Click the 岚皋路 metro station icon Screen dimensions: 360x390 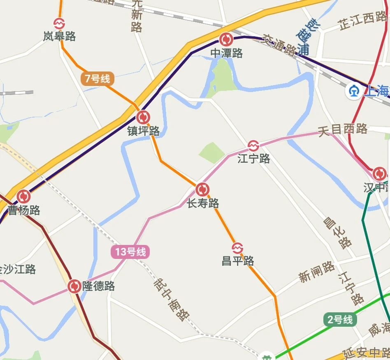[x=59, y=23]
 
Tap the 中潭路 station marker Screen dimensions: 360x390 [x=226, y=39]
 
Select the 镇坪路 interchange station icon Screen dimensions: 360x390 [x=143, y=118]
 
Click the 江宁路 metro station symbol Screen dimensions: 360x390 [x=253, y=145]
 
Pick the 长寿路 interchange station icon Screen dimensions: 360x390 [x=202, y=189]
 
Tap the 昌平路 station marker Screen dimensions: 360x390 [x=237, y=248]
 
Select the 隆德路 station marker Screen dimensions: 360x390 [x=74, y=286]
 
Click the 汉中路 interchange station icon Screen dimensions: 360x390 [x=379, y=173]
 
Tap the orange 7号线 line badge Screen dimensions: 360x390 [x=97, y=78]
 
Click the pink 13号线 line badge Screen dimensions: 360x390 [x=130, y=252]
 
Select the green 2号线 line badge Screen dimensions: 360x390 [x=340, y=319]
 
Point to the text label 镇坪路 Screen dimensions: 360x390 [x=143, y=131]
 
